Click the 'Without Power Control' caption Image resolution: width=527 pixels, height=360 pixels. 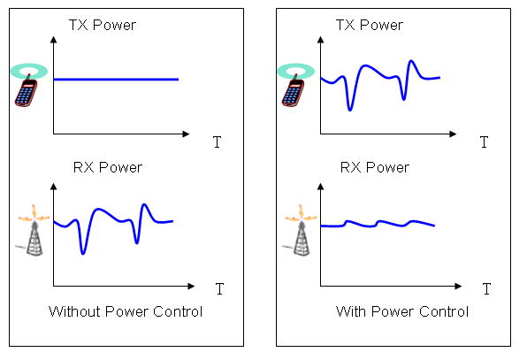(x=126, y=311)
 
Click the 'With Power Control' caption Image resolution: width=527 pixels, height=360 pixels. (x=402, y=311)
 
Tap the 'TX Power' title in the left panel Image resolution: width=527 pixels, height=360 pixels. (x=103, y=25)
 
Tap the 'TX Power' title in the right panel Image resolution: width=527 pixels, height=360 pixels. (x=370, y=25)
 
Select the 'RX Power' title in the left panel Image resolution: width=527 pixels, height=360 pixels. (x=108, y=167)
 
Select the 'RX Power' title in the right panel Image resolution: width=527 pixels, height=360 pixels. (x=375, y=167)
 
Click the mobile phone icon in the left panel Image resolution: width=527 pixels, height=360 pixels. (x=26, y=91)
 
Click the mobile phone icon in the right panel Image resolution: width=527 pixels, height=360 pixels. (x=293, y=91)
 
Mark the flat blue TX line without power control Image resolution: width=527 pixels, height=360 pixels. (x=116, y=80)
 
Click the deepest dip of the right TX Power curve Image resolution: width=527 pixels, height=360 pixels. (x=350, y=110)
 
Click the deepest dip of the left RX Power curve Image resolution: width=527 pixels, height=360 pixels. (x=83, y=253)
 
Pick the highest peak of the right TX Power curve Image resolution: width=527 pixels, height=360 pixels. (x=411, y=61)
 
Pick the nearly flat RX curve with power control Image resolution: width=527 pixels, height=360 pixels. (x=378, y=224)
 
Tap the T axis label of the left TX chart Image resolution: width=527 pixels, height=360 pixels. (x=218, y=142)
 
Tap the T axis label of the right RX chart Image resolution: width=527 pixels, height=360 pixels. (x=486, y=288)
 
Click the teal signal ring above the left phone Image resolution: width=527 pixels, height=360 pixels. (x=29, y=71)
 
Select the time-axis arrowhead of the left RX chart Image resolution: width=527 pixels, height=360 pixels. (x=191, y=286)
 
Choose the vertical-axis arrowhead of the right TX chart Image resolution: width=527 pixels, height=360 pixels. (x=321, y=40)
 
